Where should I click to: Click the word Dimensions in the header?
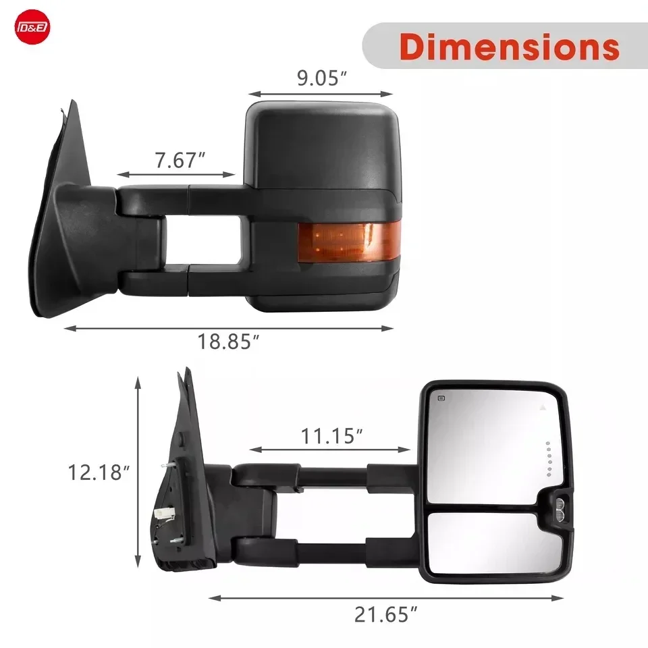tap(509, 46)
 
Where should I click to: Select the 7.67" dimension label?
tap(179, 161)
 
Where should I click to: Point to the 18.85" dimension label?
tap(229, 342)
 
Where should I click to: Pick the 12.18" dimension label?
tap(97, 471)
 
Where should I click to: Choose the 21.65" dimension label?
tap(385, 614)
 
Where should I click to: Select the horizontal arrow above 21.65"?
tap(385, 597)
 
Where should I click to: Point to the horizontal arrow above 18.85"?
tap(229, 329)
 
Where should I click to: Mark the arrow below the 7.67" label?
tap(177, 176)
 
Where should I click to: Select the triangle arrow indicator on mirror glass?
tap(542, 408)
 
